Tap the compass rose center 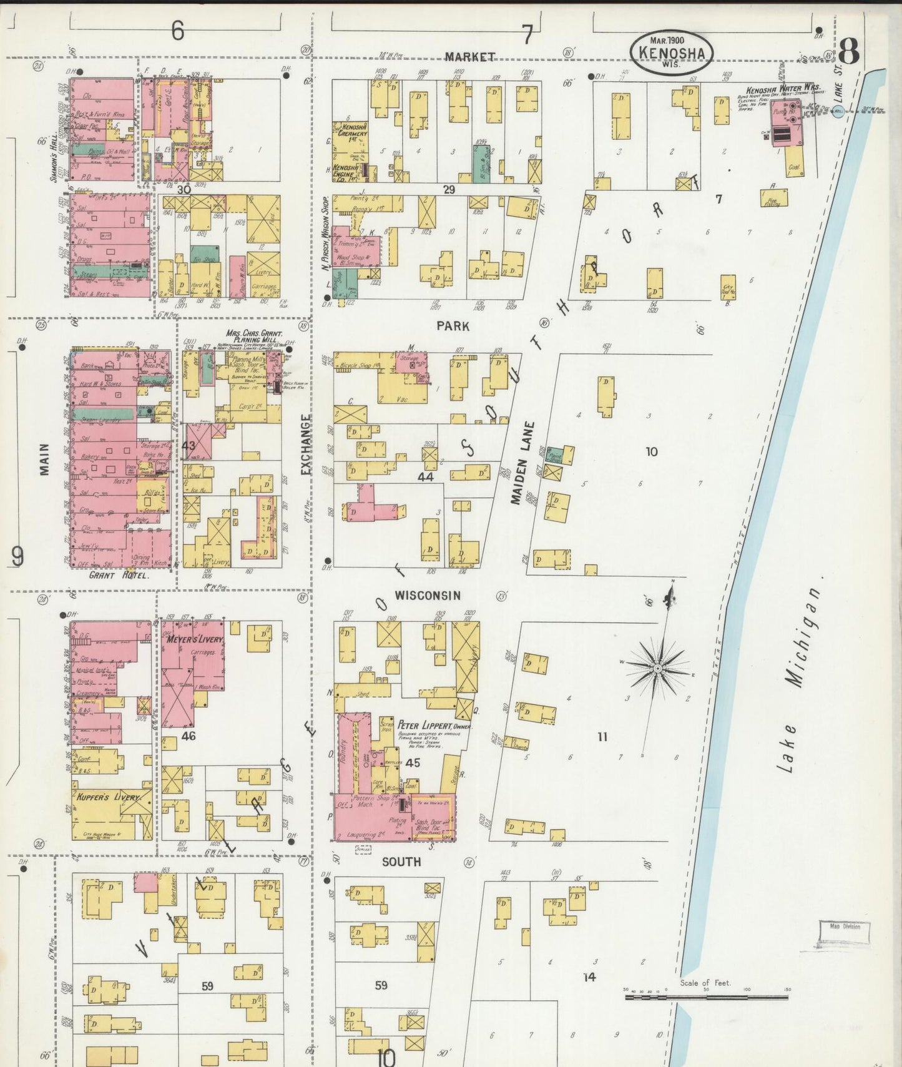657,669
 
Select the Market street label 470,57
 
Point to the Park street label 453,326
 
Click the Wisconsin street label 428,596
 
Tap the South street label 401,862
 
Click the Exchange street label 306,444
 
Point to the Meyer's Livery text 194,639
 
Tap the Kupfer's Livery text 109,797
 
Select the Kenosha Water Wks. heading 783,89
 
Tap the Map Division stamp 845,927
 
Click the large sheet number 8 849,51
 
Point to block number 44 425,476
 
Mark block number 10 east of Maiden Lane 651,451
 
